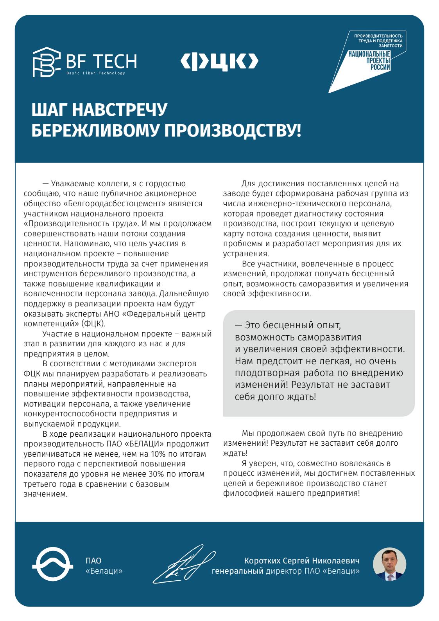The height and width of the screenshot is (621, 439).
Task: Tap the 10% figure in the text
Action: click(x=158, y=454)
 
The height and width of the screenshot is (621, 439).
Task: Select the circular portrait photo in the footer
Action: click(x=389, y=564)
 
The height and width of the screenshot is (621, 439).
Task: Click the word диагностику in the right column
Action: click(x=303, y=214)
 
